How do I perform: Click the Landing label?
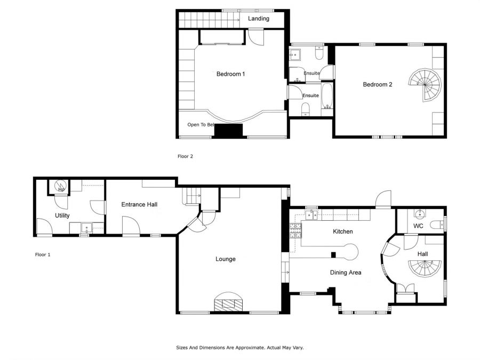[x=258, y=19]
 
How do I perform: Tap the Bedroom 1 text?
[x=230, y=74]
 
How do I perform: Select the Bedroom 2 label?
[x=378, y=84]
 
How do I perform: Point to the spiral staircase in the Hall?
[x=426, y=268]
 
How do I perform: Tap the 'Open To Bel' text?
[x=201, y=125]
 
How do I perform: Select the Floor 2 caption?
[x=185, y=156]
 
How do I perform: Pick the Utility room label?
[x=62, y=215]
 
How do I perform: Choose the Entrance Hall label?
[x=139, y=205]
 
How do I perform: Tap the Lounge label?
[x=226, y=259]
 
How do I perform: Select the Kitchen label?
[x=343, y=231]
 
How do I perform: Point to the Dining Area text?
[x=346, y=273]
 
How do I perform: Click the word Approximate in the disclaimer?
[x=246, y=347]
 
